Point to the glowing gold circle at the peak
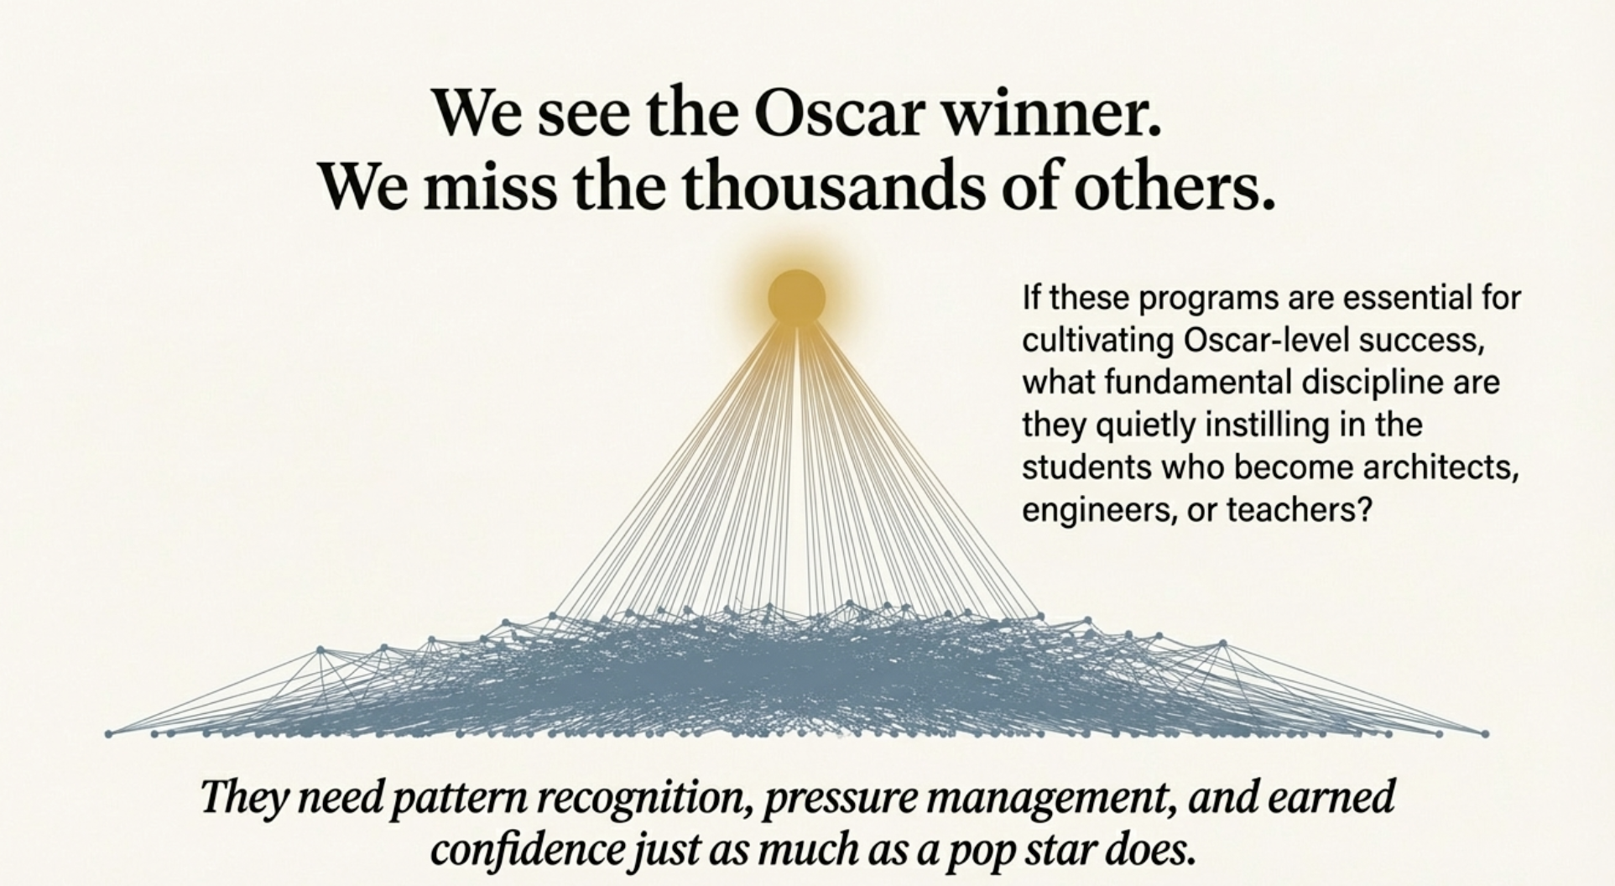[x=797, y=297]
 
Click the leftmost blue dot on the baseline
[x=108, y=734]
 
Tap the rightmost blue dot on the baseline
[x=1485, y=733]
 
